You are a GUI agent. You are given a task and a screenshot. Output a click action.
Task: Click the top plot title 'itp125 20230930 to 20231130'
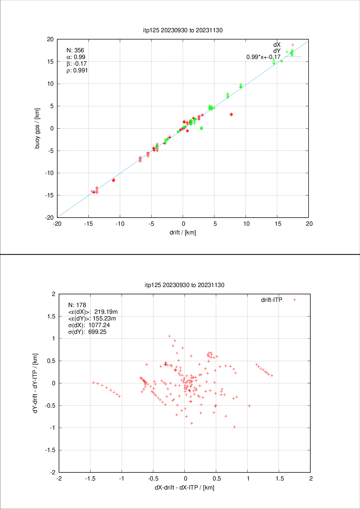click(x=183, y=30)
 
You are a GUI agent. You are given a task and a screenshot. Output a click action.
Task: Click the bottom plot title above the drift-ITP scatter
click(x=185, y=285)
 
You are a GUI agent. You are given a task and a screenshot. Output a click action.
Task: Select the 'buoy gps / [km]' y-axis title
click(x=37, y=128)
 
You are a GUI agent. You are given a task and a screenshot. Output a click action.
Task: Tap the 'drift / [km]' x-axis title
click(x=183, y=232)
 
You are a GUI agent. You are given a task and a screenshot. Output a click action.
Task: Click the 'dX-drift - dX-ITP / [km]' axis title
click(x=185, y=488)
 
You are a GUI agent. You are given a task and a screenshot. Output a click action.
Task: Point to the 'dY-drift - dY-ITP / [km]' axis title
click(x=35, y=383)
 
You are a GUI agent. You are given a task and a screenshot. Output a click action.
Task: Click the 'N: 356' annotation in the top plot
click(x=75, y=50)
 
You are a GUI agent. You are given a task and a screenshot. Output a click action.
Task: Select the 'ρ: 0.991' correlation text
click(x=77, y=70)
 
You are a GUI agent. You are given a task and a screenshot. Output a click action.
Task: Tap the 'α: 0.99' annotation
click(x=76, y=57)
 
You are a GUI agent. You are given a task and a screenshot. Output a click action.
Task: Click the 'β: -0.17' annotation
click(x=77, y=64)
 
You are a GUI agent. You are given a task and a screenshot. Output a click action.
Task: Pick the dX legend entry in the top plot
click(x=277, y=45)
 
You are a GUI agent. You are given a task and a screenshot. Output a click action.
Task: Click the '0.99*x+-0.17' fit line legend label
click(x=263, y=57)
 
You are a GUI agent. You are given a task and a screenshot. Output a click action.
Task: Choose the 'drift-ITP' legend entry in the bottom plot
click(x=272, y=300)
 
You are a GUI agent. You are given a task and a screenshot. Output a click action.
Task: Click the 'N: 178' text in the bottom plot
click(x=77, y=305)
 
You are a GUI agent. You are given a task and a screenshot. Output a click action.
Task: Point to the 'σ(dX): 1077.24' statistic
click(x=89, y=325)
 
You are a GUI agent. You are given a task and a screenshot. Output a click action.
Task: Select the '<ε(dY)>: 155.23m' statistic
click(x=92, y=318)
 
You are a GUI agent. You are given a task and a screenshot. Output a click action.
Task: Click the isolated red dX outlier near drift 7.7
click(x=231, y=114)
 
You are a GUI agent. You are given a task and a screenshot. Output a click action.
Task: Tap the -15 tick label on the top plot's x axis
click(x=89, y=224)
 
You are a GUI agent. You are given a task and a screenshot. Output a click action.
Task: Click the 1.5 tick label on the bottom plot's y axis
click(x=51, y=316)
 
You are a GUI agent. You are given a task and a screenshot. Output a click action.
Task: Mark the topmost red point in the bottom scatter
click(x=170, y=336)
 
